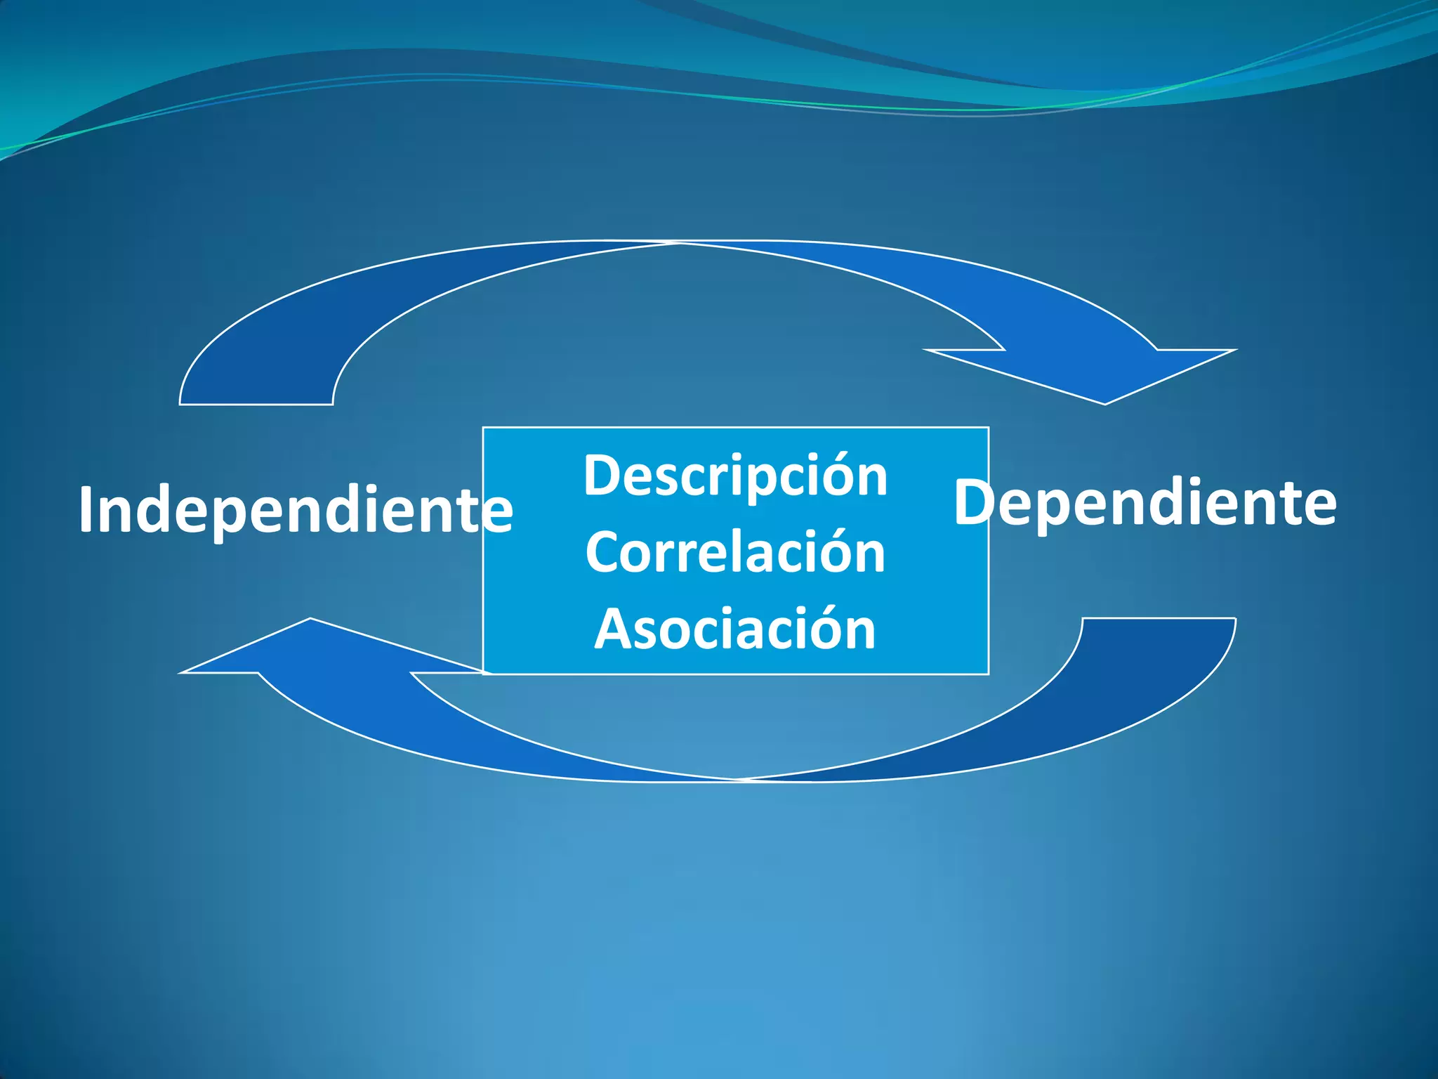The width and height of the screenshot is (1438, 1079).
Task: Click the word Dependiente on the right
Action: [x=1145, y=503]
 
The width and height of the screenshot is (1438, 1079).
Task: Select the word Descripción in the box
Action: [x=735, y=476]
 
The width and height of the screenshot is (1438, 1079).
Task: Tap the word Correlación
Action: [x=735, y=553]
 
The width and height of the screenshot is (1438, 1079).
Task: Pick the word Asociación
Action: [x=735, y=629]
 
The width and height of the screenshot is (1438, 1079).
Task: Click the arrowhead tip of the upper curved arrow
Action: [x=1104, y=403]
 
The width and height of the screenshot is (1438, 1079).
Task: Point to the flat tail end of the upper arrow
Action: [x=256, y=403]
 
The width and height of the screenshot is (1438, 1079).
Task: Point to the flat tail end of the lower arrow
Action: [x=1159, y=619]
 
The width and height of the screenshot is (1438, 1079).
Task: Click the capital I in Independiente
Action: [x=86, y=510]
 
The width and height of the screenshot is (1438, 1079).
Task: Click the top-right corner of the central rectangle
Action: [x=989, y=427]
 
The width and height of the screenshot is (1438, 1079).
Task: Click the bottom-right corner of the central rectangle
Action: [x=989, y=674]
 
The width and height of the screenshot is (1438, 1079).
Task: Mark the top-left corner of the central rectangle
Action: [x=483, y=427]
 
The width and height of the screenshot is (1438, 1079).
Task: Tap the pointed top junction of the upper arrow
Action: [x=678, y=242]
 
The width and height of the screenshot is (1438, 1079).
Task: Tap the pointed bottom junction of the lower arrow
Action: [x=737, y=780]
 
